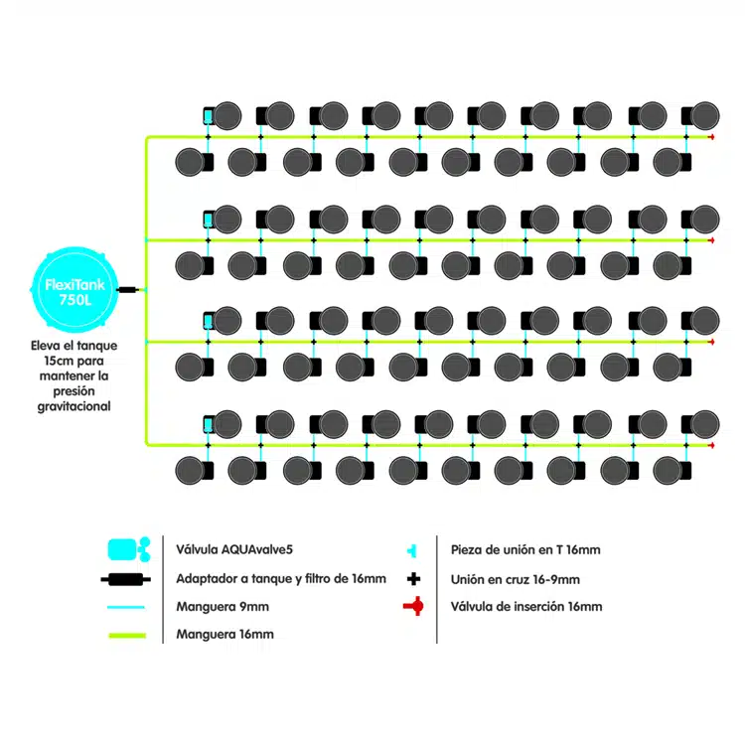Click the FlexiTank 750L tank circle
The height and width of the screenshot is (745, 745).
[74, 289]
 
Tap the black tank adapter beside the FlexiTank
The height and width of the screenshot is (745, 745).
[127, 289]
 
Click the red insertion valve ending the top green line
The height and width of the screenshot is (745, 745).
[711, 137]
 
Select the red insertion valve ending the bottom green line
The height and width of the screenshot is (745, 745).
[711, 445]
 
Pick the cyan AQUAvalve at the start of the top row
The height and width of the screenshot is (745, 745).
[208, 116]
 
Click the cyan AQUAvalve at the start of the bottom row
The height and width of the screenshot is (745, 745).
[208, 424]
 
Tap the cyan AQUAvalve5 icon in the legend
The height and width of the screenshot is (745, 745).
[129, 549]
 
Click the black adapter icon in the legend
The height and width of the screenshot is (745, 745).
[126, 579]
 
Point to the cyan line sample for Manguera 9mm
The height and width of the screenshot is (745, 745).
[126, 607]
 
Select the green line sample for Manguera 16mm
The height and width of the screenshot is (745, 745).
[127, 636]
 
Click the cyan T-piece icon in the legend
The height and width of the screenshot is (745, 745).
[412, 550]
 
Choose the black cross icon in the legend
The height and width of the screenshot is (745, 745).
[414, 579]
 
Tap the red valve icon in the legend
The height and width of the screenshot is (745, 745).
[414, 606]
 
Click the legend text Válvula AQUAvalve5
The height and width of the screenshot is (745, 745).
[234, 549]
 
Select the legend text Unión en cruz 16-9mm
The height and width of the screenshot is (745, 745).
[515, 580]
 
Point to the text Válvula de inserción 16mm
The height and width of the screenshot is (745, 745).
[526, 607]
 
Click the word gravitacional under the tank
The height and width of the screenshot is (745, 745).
[74, 406]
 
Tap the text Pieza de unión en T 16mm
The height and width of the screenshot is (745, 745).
[525, 550]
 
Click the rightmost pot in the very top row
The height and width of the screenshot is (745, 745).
[705, 116]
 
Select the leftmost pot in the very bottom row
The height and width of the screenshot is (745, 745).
[190, 471]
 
